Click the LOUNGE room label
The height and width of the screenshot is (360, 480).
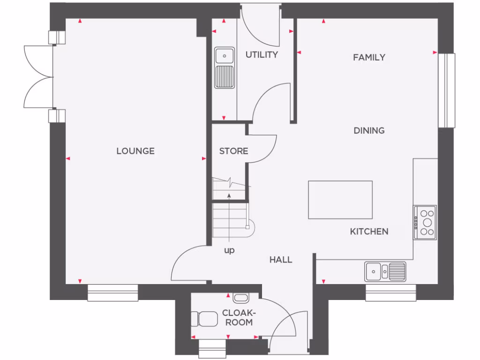135,151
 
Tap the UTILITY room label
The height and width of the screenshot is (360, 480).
262,55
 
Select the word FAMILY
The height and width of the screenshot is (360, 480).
369,57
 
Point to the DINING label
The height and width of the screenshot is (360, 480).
369,130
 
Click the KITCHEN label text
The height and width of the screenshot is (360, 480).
369,231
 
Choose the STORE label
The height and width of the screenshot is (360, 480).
233,151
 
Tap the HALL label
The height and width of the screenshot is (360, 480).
281,259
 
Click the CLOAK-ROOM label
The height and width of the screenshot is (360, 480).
237,317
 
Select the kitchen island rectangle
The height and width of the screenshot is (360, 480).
340,200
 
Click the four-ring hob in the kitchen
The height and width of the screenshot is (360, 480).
425,222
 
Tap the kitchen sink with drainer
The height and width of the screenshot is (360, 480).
385,271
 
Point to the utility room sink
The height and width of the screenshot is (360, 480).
225,67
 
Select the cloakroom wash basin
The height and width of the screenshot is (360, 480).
240,297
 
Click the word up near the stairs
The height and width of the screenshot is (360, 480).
229,250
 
